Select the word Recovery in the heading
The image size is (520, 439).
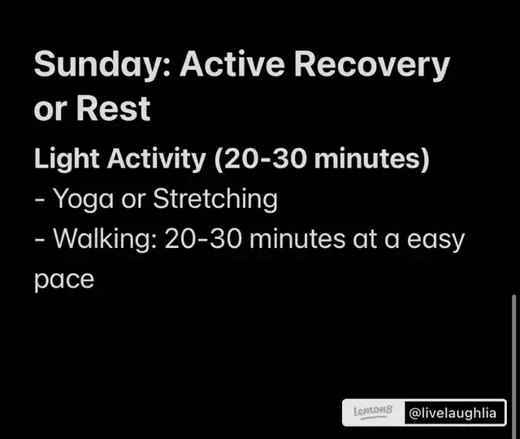(372, 65)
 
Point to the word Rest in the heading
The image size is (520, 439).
(114, 108)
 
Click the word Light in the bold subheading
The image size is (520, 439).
(67, 159)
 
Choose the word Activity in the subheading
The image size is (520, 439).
(157, 159)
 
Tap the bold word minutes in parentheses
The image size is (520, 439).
(368, 159)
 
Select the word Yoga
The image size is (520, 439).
(83, 200)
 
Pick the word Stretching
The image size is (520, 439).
(215, 200)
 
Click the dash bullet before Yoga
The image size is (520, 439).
(40, 201)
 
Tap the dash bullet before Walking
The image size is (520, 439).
(40, 241)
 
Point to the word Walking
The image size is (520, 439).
(105, 240)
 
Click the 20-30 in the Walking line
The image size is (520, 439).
(203, 239)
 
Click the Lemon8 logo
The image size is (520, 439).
(373, 412)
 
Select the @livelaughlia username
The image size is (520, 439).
(453, 413)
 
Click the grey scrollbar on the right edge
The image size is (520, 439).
(514, 365)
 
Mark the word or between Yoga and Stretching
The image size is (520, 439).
(133, 200)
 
